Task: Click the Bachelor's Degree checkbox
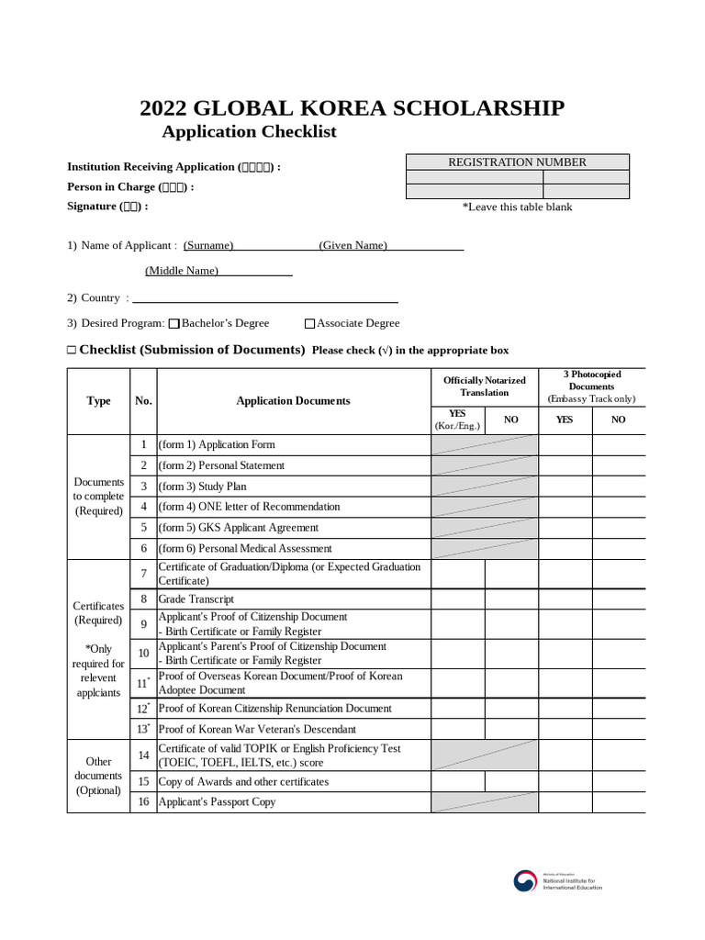[x=174, y=323]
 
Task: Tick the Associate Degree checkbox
[x=309, y=323]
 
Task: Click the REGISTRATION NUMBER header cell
[x=517, y=162]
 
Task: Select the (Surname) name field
[x=208, y=245]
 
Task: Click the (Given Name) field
[x=353, y=245]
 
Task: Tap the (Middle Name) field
[x=182, y=271]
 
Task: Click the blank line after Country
[x=265, y=298]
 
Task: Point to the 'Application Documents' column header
[x=293, y=401]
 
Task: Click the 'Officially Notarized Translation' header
[x=484, y=386]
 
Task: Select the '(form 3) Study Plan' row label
[x=203, y=487]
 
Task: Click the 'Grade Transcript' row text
[x=196, y=599]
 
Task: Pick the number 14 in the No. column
[x=143, y=755]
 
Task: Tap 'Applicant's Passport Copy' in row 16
[x=217, y=802]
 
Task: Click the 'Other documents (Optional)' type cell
[x=98, y=776]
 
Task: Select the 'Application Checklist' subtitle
[x=249, y=131]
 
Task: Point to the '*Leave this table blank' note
[x=517, y=207]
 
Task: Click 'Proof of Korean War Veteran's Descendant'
[x=257, y=729]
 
